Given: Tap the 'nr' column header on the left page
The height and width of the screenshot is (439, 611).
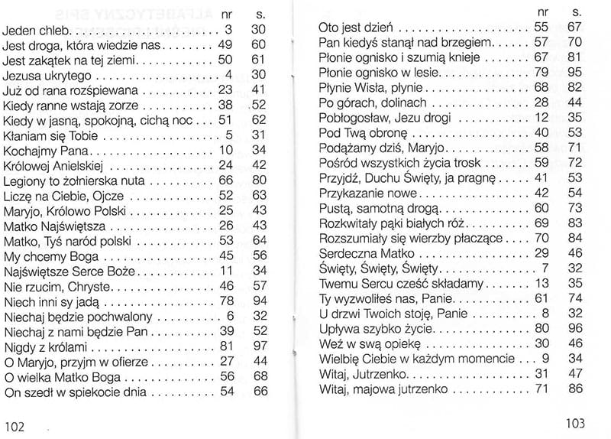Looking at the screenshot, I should (225, 15).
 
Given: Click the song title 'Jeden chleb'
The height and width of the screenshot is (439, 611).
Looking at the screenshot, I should (37, 31).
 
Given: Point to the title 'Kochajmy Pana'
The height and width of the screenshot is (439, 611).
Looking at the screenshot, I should (47, 150).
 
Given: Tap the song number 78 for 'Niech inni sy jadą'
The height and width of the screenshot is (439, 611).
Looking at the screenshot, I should (225, 301).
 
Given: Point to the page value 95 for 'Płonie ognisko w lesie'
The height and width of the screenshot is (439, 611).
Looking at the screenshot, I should (575, 73).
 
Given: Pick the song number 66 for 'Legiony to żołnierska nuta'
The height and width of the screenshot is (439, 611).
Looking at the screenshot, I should (225, 181).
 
